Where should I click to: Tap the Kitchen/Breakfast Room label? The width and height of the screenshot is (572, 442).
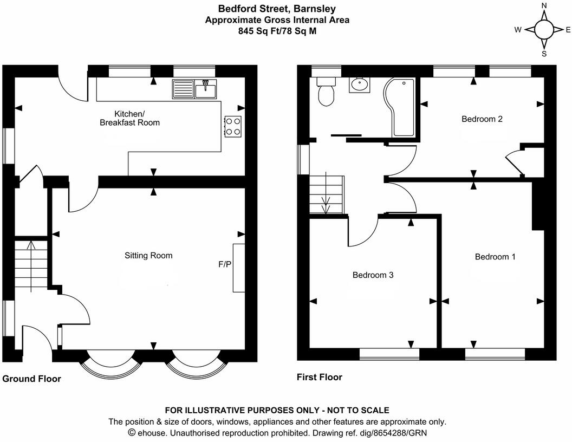click(129, 118)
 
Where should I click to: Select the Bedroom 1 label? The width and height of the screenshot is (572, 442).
click(495, 257)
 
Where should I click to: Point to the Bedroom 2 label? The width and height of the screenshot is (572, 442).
click(482, 119)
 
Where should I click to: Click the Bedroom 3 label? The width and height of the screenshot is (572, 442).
click(373, 275)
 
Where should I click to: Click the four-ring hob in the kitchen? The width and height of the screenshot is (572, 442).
click(233, 126)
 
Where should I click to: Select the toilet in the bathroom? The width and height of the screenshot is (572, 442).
click(326, 93)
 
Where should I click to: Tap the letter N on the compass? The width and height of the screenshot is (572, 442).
click(544, 6)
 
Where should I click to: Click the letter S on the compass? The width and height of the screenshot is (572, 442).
click(544, 54)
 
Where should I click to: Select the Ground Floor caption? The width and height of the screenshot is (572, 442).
click(31, 379)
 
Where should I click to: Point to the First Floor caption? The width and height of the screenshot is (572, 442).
click(320, 377)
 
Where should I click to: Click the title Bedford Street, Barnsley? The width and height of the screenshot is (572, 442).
click(277, 8)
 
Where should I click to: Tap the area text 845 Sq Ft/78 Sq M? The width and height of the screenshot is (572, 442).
click(277, 31)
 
